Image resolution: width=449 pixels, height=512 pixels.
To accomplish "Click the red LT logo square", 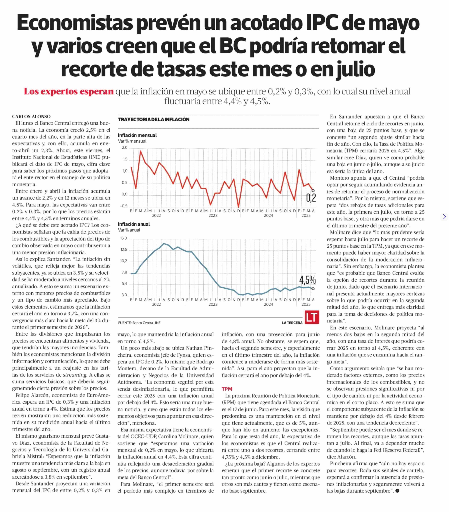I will click(x=312, y=317).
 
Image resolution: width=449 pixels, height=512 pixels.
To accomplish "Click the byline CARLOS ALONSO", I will click(x=31, y=116).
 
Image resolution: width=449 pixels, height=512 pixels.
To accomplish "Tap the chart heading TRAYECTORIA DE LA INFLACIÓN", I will click(x=154, y=119).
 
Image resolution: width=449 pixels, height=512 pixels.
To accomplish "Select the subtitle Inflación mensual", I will click(x=137, y=135).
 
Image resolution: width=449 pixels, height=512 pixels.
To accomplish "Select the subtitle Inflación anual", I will click(x=134, y=224).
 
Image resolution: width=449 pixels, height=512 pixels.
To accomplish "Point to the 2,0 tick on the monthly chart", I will click(x=125, y=148).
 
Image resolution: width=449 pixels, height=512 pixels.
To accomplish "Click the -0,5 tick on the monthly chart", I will click(x=124, y=206).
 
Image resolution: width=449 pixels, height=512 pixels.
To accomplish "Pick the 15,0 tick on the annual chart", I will click(x=124, y=238).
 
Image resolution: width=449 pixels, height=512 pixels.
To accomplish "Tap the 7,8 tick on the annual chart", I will click(x=125, y=272).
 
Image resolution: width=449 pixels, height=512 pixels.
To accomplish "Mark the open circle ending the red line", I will click(x=313, y=191).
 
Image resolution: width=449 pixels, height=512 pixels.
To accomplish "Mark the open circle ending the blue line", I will click(x=313, y=289).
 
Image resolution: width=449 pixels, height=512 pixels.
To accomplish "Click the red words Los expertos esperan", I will click(x=69, y=91).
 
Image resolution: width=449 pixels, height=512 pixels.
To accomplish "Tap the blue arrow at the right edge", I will click(x=444, y=217).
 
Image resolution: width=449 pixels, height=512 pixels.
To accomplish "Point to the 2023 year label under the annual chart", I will click(x=213, y=304).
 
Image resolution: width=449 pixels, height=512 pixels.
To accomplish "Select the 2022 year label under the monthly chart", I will click(x=156, y=215).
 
